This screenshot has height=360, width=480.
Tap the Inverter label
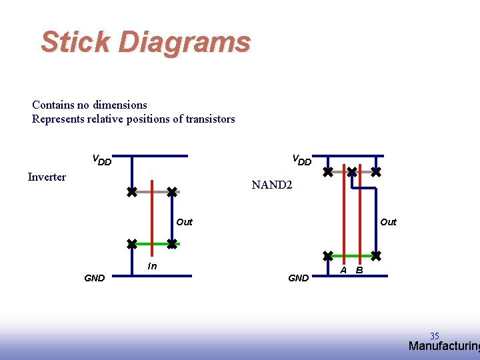pyautogui.click(x=47, y=177)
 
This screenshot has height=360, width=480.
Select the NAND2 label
pyautogui.click(x=271, y=185)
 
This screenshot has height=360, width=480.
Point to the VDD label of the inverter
pyautogui.click(x=101, y=160)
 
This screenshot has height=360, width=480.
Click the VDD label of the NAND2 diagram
pyautogui.click(x=302, y=160)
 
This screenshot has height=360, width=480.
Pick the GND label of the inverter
pyautogui.click(x=94, y=278)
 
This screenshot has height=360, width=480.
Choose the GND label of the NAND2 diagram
pyautogui.click(x=298, y=278)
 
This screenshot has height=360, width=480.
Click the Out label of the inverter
pyautogui.click(x=184, y=222)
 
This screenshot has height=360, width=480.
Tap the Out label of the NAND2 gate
pyautogui.click(x=388, y=222)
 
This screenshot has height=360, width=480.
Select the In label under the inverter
pyautogui.click(x=152, y=267)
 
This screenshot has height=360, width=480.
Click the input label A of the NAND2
pyautogui.click(x=343, y=270)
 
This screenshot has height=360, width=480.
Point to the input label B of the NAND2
pyautogui.click(x=359, y=270)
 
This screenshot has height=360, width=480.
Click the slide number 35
pyautogui.click(x=435, y=336)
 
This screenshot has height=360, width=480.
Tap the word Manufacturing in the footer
pyautogui.click(x=443, y=346)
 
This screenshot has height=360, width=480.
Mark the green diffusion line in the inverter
pyautogui.click(x=152, y=244)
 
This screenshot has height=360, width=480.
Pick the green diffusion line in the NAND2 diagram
pyautogui.click(x=352, y=255)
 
